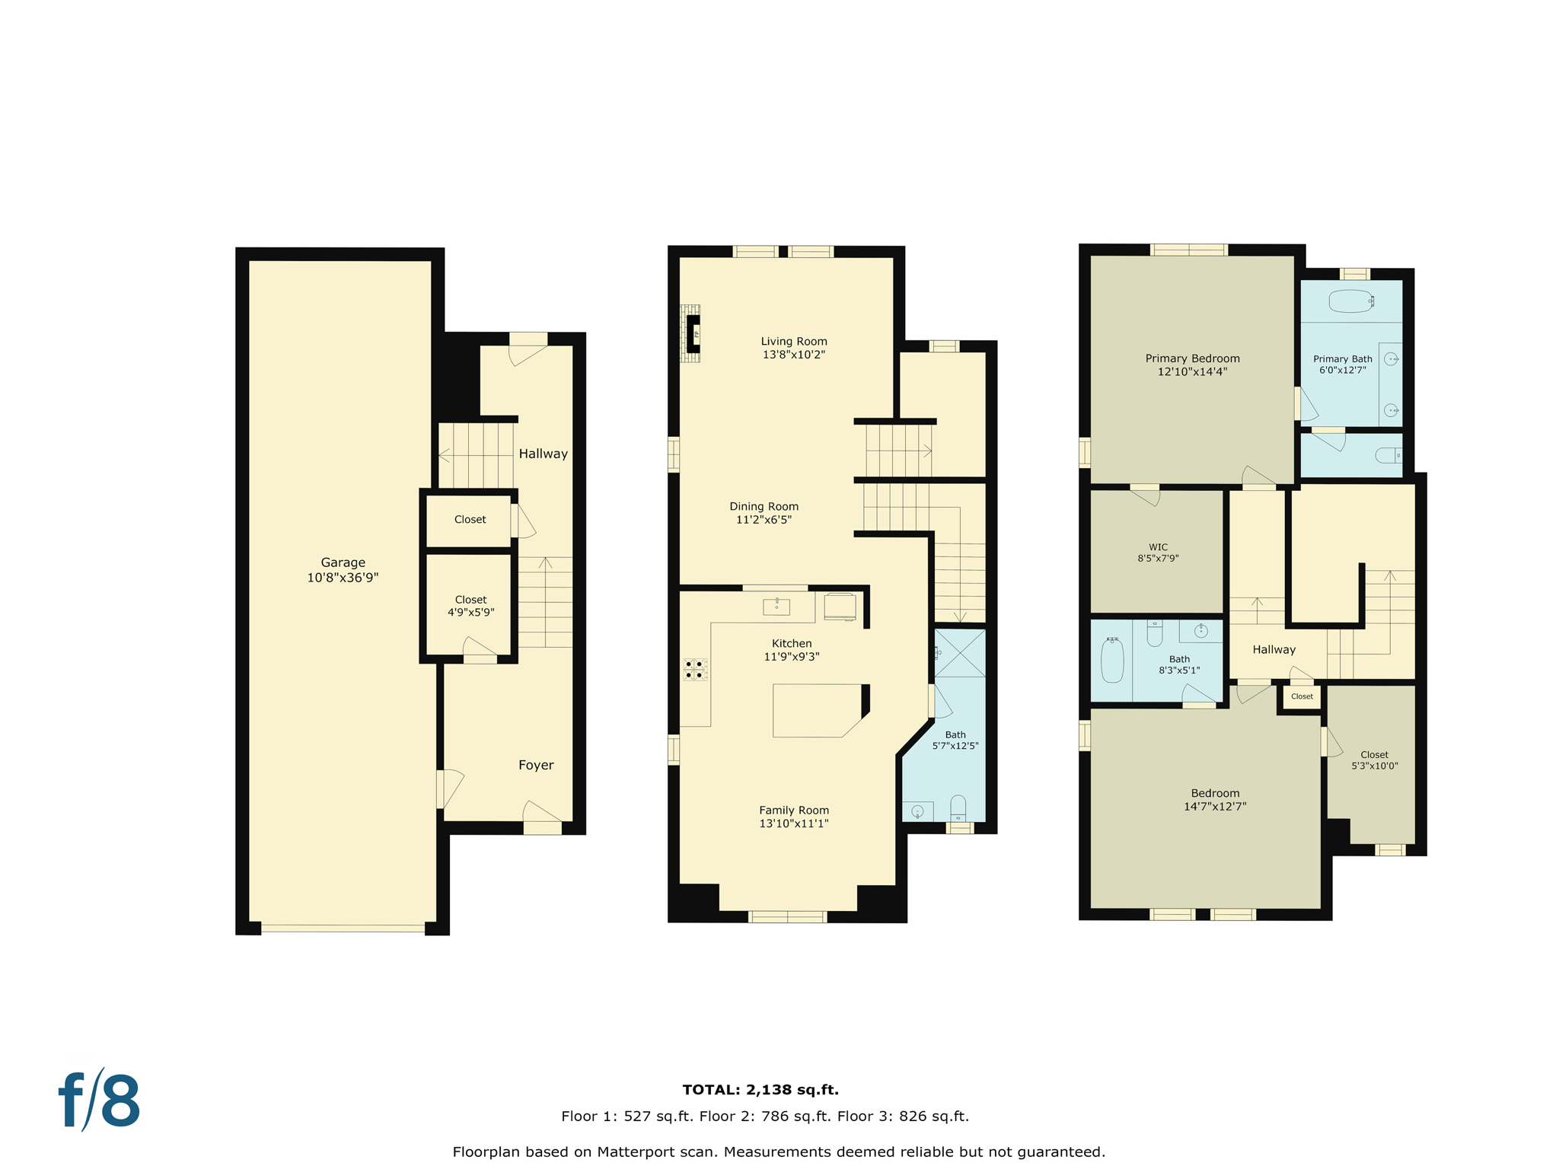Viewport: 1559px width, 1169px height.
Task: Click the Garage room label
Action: [343, 562]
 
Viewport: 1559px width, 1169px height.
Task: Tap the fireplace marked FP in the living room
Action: [693, 333]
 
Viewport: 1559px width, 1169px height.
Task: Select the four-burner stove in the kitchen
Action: [694, 670]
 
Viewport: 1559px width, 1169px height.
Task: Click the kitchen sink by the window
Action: [776, 607]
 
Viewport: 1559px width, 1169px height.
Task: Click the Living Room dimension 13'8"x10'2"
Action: [793, 355]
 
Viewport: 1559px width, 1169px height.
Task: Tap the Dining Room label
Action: [764, 506]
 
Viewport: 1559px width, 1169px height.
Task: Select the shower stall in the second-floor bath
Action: [959, 653]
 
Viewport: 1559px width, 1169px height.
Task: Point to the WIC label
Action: [1158, 547]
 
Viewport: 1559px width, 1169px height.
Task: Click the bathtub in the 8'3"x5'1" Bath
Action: [1112, 660]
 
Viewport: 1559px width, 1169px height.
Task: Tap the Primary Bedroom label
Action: [1192, 358]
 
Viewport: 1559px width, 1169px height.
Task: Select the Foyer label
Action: [536, 765]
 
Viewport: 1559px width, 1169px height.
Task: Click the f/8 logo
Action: [100, 1101]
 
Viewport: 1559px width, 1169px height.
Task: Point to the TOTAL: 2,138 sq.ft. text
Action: [760, 1090]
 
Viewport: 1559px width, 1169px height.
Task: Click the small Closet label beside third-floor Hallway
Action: [1302, 696]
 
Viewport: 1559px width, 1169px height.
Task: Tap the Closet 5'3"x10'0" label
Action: [1374, 760]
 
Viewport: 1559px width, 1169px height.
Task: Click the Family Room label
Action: [793, 810]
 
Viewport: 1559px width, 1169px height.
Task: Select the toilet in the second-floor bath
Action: [958, 808]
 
